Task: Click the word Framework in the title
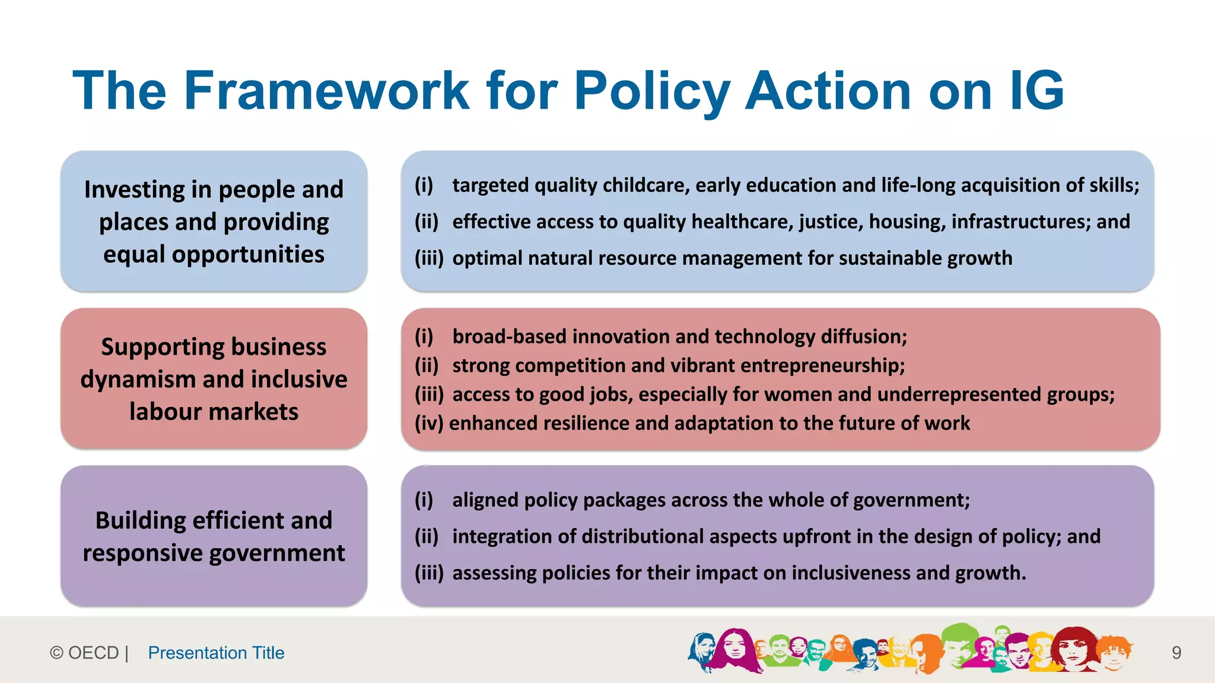pos(327,91)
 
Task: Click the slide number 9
pos(1176,653)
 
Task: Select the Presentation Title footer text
pos(216,653)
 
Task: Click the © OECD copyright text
pos(89,653)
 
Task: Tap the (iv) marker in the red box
pos(429,423)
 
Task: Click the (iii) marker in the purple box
pos(429,573)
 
